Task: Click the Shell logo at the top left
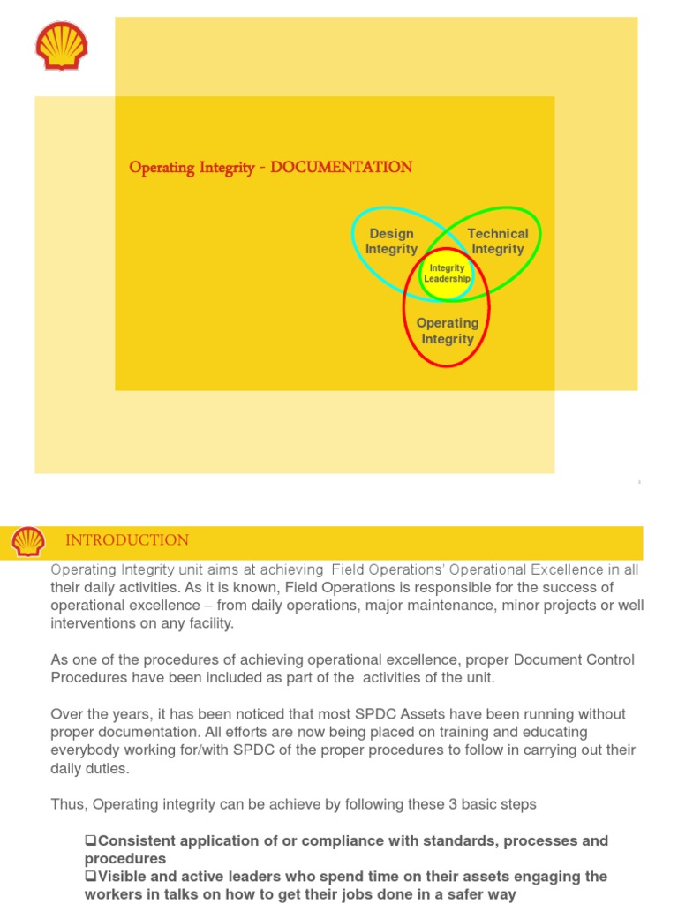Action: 62,46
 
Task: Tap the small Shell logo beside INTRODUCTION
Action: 28,541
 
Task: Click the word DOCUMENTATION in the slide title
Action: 342,167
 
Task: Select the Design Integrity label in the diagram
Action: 391,241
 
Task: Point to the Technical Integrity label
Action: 498,241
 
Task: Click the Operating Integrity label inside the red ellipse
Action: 448,330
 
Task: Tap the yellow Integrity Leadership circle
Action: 447,274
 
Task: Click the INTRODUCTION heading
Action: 127,540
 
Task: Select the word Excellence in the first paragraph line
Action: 578,570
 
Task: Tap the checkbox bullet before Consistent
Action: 90,840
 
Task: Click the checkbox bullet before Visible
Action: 90,877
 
